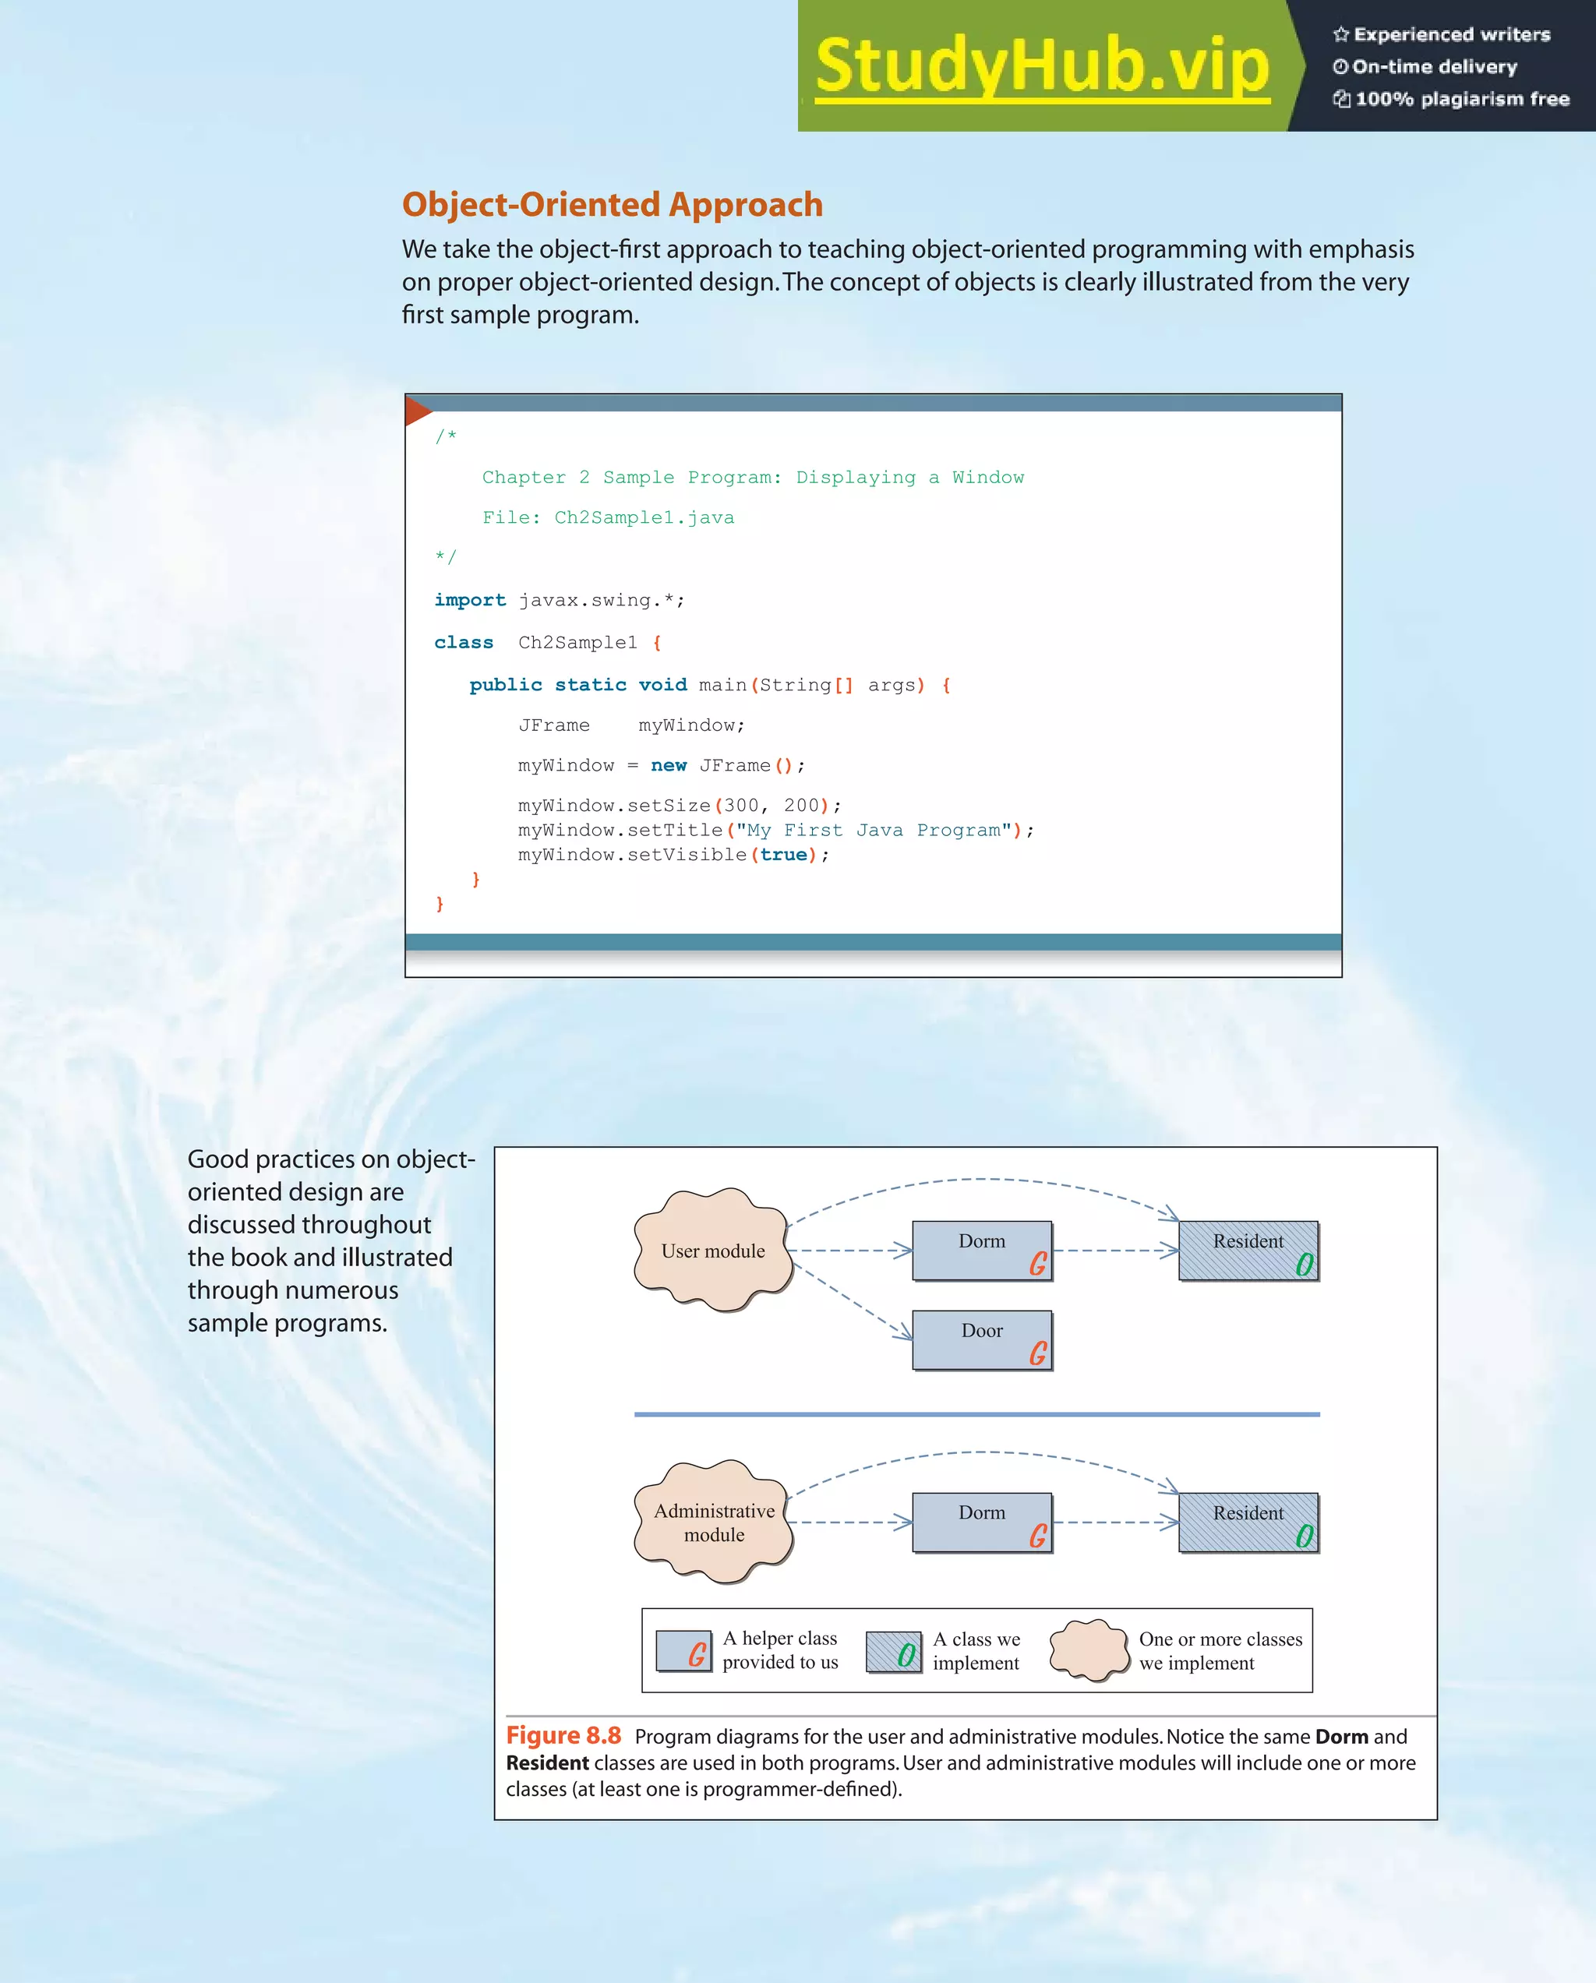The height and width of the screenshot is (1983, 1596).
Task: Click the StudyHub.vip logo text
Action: pyautogui.click(x=1041, y=66)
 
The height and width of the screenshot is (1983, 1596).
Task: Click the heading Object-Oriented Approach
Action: pyautogui.click(x=612, y=204)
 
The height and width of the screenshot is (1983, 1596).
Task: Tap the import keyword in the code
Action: pyautogui.click(x=469, y=600)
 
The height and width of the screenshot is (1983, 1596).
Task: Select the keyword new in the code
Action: pyautogui.click(x=668, y=765)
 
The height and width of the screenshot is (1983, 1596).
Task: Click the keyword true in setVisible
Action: pyautogui.click(x=783, y=855)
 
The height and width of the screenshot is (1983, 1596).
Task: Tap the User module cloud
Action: pyautogui.click(x=713, y=1250)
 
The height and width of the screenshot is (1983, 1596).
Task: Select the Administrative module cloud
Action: pyautogui.click(x=714, y=1523)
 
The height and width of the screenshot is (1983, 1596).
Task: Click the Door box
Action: pyautogui.click(x=981, y=1340)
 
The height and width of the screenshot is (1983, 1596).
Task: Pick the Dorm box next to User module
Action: pyautogui.click(x=981, y=1250)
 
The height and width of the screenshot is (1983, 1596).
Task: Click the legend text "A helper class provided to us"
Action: pyautogui.click(x=780, y=1650)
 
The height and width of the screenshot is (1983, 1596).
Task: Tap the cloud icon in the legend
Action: pyautogui.click(x=1089, y=1650)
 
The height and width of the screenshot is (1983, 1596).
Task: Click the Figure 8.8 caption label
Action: pyautogui.click(x=563, y=1735)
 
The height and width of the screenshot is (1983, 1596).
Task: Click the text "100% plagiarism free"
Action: pyautogui.click(x=1462, y=99)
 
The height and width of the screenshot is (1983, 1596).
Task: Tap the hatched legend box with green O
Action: pyautogui.click(x=893, y=1652)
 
